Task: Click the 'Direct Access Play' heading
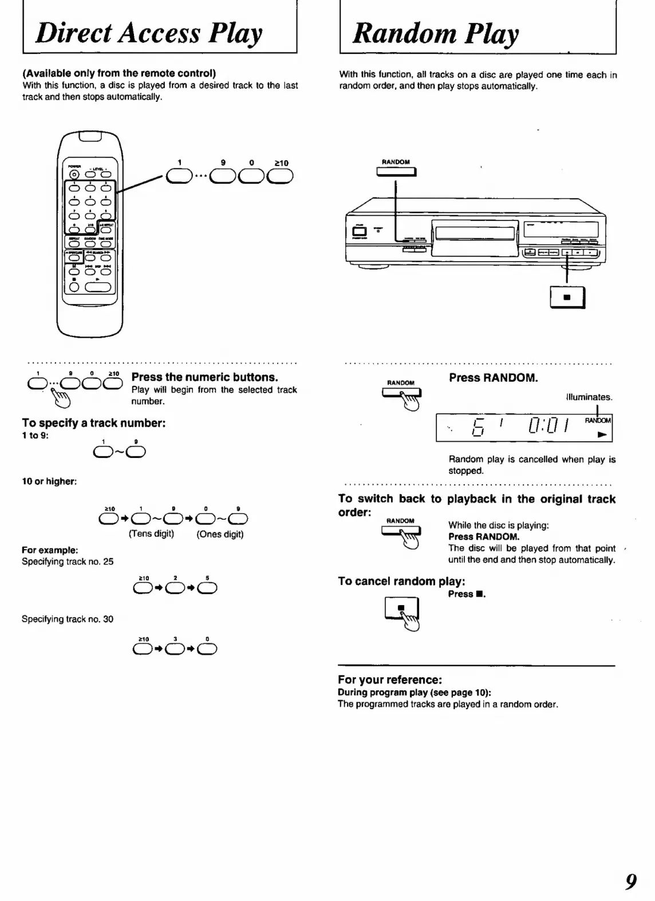click(x=149, y=33)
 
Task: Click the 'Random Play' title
click(x=436, y=33)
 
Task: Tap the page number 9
click(x=630, y=880)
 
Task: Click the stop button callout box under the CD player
click(x=567, y=298)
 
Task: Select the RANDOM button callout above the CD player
click(x=396, y=171)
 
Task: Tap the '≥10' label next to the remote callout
click(x=281, y=163)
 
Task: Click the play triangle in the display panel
click(x=601, y=434)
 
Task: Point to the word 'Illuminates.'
click(x=589, y=397)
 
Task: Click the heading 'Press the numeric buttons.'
click(x=204, y=377)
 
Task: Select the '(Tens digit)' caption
click(x=151, y=534)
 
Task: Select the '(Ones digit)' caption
click(x=220, y=534)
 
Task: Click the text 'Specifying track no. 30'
click(x=68, y=619)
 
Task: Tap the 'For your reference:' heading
click(x=390, y=680)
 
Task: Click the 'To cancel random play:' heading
click(x=401, y=582)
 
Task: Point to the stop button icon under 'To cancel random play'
click(x=401, y=609)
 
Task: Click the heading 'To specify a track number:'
click(x=94, y=423)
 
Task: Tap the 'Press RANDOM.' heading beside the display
click(x=493, y=378)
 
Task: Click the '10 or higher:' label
click(x=49, y=481)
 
